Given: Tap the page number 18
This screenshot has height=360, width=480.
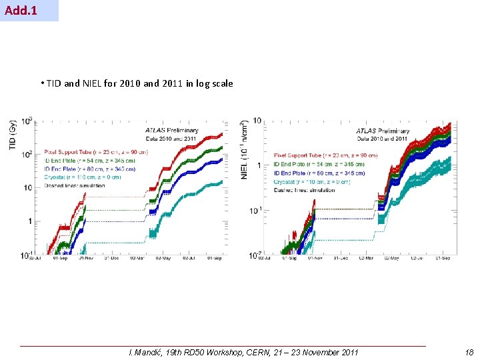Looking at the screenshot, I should [469, 353].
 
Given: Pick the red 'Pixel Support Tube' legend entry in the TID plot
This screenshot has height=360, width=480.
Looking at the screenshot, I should [96, 152].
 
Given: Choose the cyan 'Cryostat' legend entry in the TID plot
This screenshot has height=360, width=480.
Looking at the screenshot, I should [83, 178].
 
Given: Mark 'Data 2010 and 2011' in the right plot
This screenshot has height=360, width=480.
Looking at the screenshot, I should [381, 139].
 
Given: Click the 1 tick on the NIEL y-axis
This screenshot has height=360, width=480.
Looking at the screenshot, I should [259, 165].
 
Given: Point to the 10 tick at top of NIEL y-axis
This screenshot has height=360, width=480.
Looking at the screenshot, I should [257, 121].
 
